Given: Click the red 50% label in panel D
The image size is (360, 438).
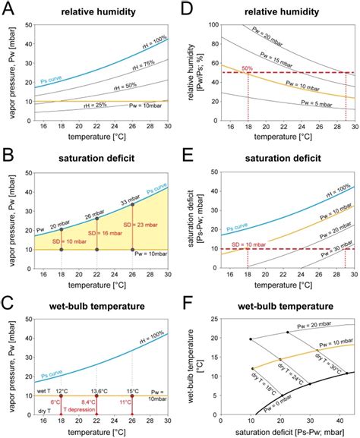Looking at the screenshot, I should (227, 68).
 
